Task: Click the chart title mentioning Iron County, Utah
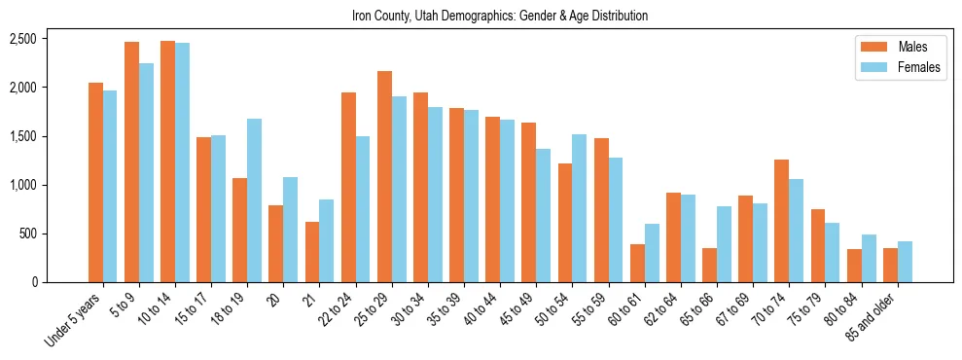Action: click(500, 16)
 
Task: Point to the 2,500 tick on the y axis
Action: click(22, 39)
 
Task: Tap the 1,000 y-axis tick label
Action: click(22, 185)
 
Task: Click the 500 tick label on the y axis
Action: click(27, 234)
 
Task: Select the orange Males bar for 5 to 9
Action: click(131, 162)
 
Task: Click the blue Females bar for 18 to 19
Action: click(254, 200)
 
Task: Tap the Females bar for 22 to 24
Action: click(363, 209)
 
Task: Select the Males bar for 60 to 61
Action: click(637, 263)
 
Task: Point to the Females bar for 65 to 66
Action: click(724, 244)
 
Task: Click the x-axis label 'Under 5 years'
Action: click(74, 320)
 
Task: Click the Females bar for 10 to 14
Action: click(182, 162)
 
